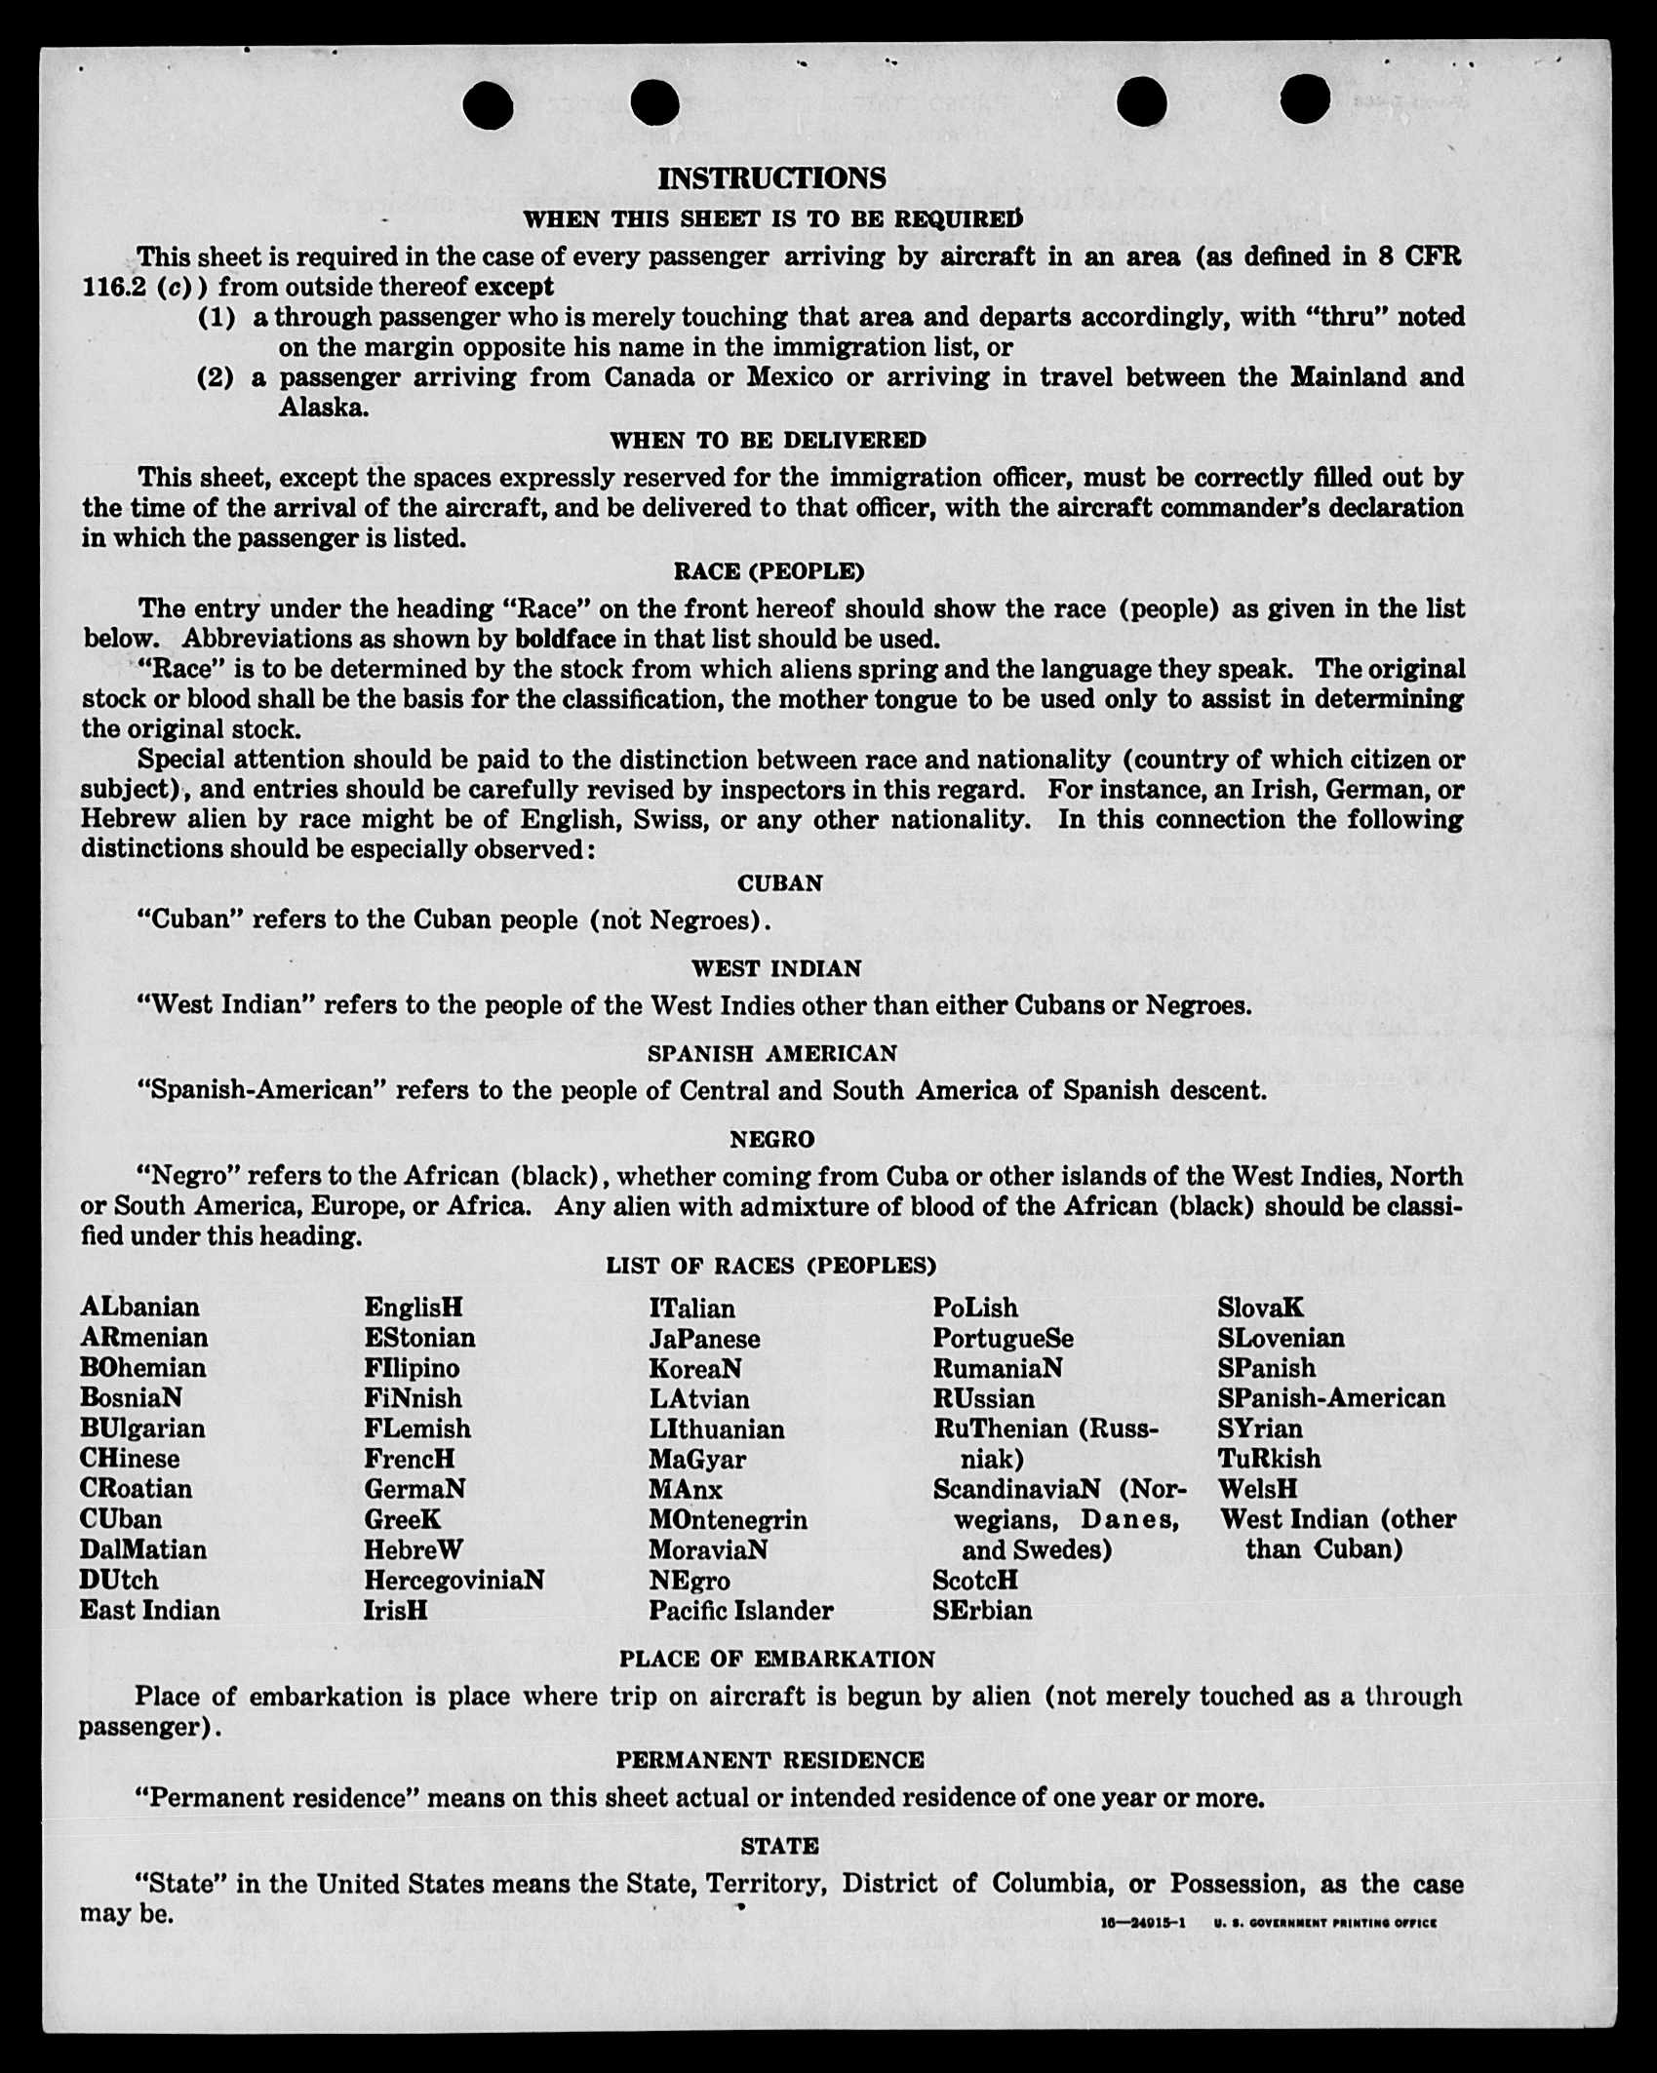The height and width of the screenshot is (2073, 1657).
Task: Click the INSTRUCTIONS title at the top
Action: pos(771,178)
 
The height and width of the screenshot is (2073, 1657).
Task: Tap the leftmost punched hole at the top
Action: pos(488,104)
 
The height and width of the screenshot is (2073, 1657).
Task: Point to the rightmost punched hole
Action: pos(1304,100)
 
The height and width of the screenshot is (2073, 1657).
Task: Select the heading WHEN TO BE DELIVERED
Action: pos(768,441)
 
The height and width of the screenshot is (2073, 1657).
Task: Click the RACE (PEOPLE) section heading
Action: pos(769,571)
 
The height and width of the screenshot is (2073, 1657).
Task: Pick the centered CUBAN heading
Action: pos(779,883)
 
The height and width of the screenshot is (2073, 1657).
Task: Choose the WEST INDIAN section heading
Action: pos(776,969)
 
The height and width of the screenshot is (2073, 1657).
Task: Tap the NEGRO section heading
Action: pos(771,1139)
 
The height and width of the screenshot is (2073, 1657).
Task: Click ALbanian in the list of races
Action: pos(139,1308)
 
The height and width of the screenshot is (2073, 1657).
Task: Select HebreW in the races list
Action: pos(414,1549)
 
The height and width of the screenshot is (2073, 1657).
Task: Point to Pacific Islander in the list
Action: pos(741,1610)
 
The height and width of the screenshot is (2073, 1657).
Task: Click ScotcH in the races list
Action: pos(975,1580)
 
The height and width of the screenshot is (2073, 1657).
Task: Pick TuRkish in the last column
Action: pos(1269,1459)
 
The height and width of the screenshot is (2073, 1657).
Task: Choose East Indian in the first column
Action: pos(150,1610)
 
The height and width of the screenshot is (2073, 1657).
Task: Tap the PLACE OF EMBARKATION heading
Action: pos(776,1660)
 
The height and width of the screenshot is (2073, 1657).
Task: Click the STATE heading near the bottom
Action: pos(779,1846)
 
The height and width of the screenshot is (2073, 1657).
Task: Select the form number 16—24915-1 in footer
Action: pos(1142,1923)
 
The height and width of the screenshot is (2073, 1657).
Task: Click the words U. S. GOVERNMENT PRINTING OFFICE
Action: pos(1325,1923)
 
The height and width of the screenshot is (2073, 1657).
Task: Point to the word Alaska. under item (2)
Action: pos(324,408)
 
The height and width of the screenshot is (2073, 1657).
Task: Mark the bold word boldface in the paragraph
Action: pos(566,640)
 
